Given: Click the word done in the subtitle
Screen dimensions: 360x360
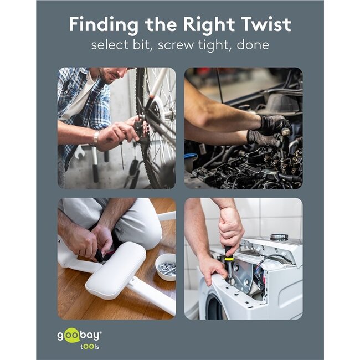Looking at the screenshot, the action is click(253, 44).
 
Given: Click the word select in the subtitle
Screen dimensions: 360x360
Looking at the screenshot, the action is click(110, 44).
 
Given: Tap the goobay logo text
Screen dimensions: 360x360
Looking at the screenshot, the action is click(79, 336).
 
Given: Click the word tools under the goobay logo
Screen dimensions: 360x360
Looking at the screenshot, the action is click(90, 347).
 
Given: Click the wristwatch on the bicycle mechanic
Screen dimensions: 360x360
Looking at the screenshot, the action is click(96, 137).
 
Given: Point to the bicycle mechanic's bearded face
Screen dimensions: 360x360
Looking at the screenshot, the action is click(113, 74).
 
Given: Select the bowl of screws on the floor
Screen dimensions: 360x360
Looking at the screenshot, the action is click(166, 267).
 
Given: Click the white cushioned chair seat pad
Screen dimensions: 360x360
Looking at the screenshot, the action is click(116, 270).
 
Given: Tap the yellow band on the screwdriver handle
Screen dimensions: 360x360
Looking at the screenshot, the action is click(228, 259).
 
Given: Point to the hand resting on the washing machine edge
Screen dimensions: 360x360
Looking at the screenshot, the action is click(213, 270).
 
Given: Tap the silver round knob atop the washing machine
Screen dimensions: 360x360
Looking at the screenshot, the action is click(279, 236).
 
